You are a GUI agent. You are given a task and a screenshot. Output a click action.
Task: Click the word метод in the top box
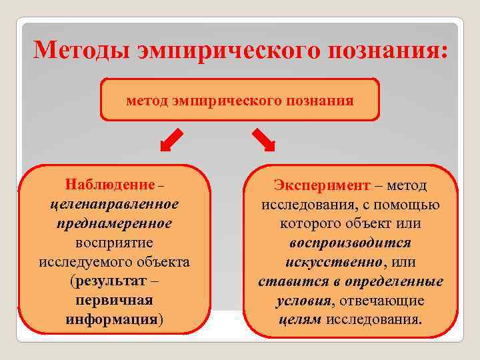(147, 101)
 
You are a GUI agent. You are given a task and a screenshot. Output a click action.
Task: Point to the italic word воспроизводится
(351, 243)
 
